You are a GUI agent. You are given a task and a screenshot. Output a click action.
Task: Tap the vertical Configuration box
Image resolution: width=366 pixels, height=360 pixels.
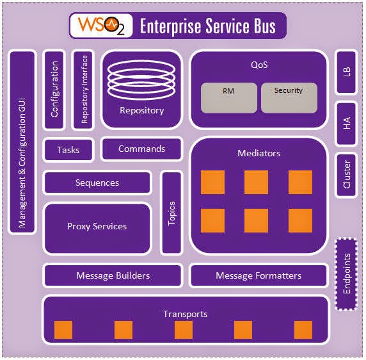55,88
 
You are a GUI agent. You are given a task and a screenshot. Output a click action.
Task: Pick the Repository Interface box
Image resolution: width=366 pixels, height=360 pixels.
84,88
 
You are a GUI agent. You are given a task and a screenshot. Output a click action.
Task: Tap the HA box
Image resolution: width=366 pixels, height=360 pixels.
347,124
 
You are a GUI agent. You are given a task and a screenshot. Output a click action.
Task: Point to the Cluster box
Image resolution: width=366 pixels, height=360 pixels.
347,174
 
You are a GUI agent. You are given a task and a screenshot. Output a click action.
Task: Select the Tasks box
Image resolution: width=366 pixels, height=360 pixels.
68,150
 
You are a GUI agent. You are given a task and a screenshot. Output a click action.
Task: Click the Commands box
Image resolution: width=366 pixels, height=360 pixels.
141,149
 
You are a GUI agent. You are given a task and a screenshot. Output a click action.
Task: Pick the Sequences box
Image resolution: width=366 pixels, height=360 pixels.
97,183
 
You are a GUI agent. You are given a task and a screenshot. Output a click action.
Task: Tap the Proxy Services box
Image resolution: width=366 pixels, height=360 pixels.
97,227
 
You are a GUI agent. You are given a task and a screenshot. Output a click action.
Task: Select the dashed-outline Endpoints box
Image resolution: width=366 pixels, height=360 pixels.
347,274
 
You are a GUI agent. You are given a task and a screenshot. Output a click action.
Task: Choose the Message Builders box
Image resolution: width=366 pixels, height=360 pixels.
113,276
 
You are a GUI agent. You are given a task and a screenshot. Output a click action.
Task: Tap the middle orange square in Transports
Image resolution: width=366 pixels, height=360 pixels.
184,330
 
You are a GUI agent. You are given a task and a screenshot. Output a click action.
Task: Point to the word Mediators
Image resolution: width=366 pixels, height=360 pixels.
259,154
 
